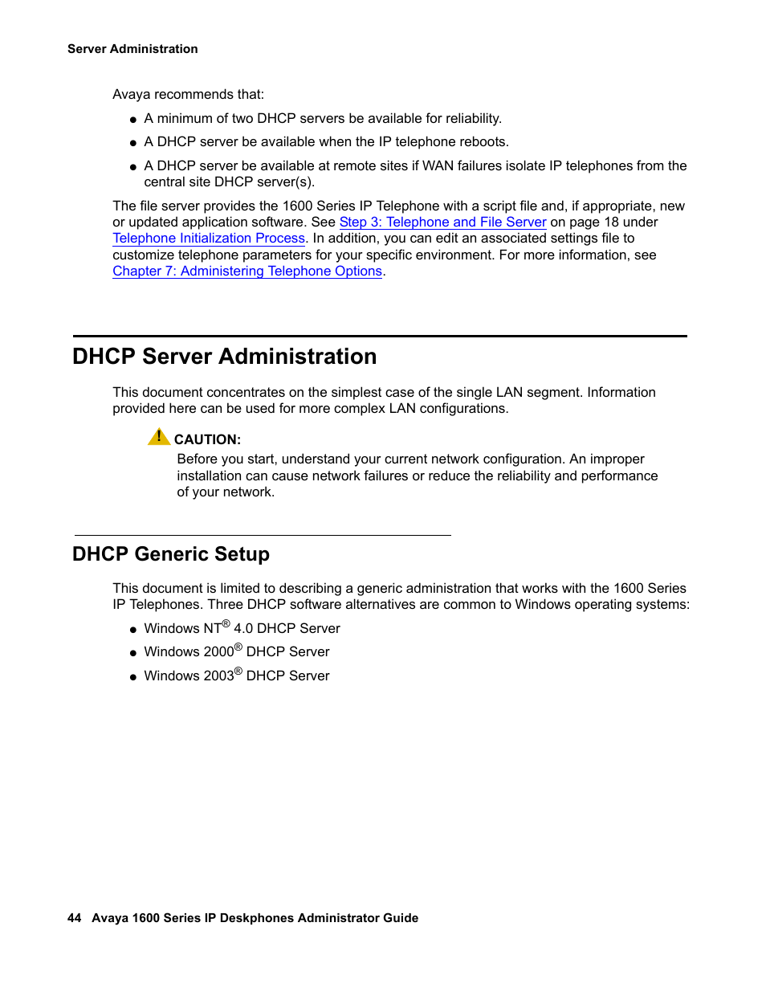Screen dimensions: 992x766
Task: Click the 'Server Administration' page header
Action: pyautogui.click(x=132, y=49)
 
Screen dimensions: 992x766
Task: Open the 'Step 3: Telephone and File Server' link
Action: pyautogui.click(x=442, y=222)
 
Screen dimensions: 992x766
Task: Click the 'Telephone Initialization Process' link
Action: pyautogui.click(x=209, y=239)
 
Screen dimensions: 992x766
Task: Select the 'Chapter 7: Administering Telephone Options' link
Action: pyautogui.click(x=247, y=271)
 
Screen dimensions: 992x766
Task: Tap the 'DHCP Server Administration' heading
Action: pyautogui.click(x=224, y=357)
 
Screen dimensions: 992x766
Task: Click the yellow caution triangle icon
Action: pyautogui.click(x=158, y=437)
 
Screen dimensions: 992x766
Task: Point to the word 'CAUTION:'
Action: pyautogui.click(x=207, y=440)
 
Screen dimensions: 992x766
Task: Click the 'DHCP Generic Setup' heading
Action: pyautogui.click(x=170, y=554)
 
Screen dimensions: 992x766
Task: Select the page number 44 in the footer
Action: pyautogui.click(x=74, y=918)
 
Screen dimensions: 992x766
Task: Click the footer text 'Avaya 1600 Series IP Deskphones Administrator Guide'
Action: pyautogui.click(x=255, y=918)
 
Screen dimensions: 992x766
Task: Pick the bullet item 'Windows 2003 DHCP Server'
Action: pyautogui.click(x=236, y=676)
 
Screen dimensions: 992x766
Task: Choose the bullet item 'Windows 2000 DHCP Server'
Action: pyautogui.click(x=236, y=652)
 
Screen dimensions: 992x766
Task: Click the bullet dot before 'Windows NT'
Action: pyautogui.click(x=133, y=630)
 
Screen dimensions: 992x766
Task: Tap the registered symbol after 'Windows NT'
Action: pyautogui.click(x=226, y=624)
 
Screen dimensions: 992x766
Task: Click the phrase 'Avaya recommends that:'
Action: pyautogui.click(x=188, y=95)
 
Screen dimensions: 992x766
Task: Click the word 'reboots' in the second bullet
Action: pyautogui.click(x=483, y=142)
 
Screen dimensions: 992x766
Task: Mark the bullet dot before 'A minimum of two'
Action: pyautogui.click(x=133, y=120)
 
